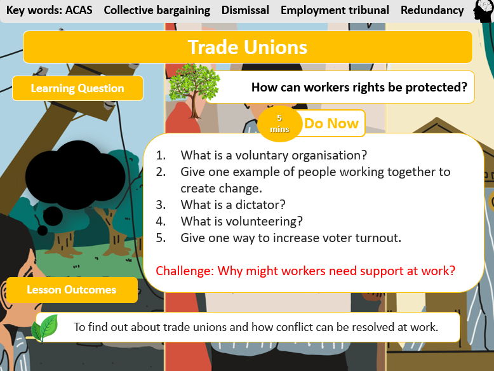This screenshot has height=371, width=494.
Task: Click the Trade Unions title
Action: coord(248,47)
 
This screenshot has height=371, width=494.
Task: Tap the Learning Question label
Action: coord(77,88)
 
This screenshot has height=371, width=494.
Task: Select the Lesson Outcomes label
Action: coord(72,290)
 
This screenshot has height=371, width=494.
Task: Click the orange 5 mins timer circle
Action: coord(279,123)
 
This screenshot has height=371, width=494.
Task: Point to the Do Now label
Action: coord(331,123)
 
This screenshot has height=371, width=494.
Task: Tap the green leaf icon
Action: coord(46,328)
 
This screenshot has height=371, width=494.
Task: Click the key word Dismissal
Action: coord(245,10)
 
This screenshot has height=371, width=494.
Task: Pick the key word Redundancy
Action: coord(432,10)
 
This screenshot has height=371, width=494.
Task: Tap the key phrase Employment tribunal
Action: coord(335,10)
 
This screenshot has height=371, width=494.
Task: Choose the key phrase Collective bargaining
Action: coord(157,10)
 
